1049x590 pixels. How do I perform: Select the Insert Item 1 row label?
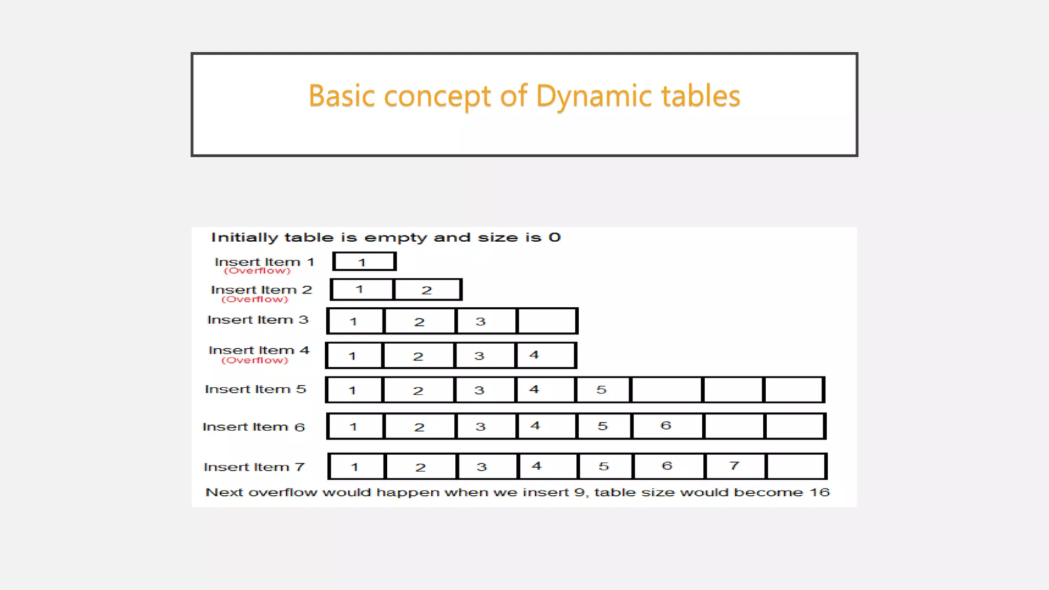click(x=264, y=262)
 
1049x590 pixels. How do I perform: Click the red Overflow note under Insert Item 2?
click(x=255, y=300)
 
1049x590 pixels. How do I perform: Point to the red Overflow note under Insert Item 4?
click(x=255, y=361)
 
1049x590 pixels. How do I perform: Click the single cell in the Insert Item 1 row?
click(x=364, y=262)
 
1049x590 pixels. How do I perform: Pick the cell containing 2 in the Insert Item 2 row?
click(x=427, y=290)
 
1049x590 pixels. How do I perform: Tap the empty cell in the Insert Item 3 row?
click(x=547, y=321)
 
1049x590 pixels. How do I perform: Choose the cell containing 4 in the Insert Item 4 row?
click(x=545, y=355)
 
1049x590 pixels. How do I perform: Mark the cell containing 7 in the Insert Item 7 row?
click(x=735, y=466)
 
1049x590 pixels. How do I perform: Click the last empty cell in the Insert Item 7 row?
click(x=795, y=466)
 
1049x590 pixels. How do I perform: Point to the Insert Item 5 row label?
click(x=255, y=389)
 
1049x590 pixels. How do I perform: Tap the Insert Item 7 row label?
click(x=254, y=467)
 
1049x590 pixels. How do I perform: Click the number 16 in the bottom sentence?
click(x=820, y=492)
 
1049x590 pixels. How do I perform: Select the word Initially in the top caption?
click(x=244, y=238)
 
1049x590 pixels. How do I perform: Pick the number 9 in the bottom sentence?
click(x=579, y=492)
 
